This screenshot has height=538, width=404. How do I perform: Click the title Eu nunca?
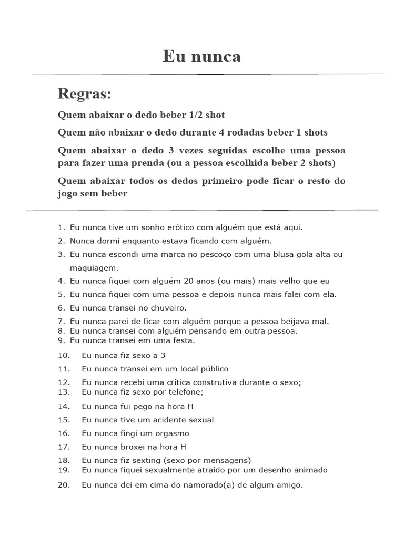[x=202, y=56]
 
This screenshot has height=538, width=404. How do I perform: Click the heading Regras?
[x=85, y=95]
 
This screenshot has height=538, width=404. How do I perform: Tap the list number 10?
[x=64, y=355]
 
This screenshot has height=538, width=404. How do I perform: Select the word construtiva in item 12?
[x=214, y=382]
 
